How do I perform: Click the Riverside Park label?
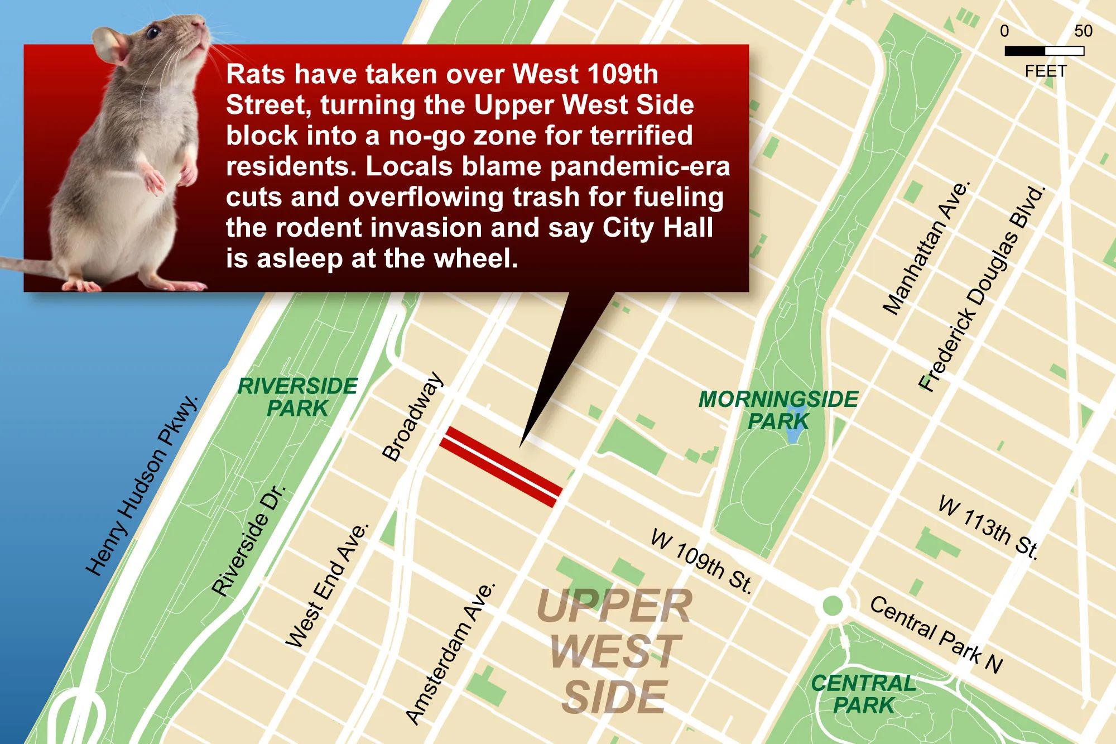(x=297, y=397)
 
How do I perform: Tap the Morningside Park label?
(x=778, y=410)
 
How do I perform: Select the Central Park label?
(x=864, y=694)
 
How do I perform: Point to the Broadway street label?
(x=413, y=417)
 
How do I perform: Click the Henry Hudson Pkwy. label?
(x=143, y=485)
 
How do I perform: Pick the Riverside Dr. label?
(x=249, y=540)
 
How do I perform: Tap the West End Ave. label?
(x=328, y=585)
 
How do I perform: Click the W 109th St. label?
(x=702, y=561)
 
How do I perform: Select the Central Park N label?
(x=936, y=635)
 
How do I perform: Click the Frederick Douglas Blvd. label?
(x=982, y=289)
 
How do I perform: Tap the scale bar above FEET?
(x=1044, y=51)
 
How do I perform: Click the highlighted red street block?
(x=500, y=467)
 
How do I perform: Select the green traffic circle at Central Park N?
(x=832, y=605)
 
